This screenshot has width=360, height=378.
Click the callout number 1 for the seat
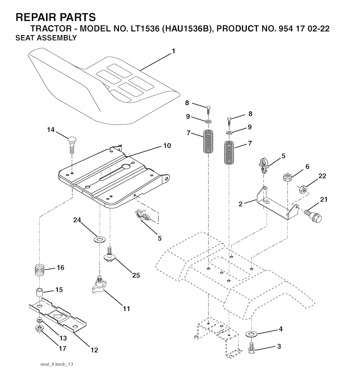click(x=173, y=51)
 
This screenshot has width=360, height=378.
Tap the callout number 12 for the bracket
click(x=94, y=350)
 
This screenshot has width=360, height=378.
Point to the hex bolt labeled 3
click(x=252, y=348)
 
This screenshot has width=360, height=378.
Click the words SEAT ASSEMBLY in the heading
click(x=46, y=38)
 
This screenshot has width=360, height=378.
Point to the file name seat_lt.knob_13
click(x=56, y=364)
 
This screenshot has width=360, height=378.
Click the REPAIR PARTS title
click(x=56, y=17)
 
